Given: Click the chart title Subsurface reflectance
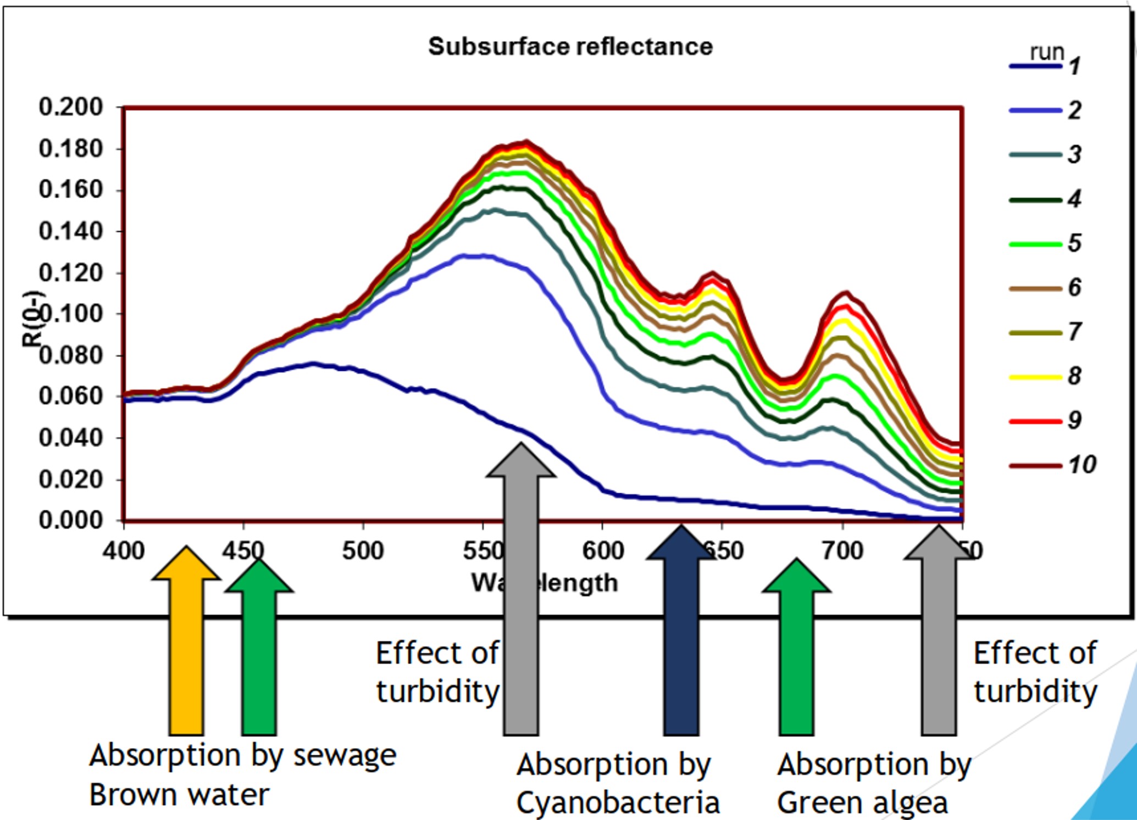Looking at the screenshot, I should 570,47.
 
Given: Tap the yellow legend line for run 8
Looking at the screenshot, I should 1035,377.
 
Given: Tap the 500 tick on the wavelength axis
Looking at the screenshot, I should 363,551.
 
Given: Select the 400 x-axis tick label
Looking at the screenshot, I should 124,551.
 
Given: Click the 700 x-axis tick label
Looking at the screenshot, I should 842,551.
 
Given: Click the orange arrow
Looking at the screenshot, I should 186,643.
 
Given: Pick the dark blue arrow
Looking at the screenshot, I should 681,632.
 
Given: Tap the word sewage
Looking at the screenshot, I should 345,756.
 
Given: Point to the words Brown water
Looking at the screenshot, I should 179,795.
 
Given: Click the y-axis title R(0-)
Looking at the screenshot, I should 32,319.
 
